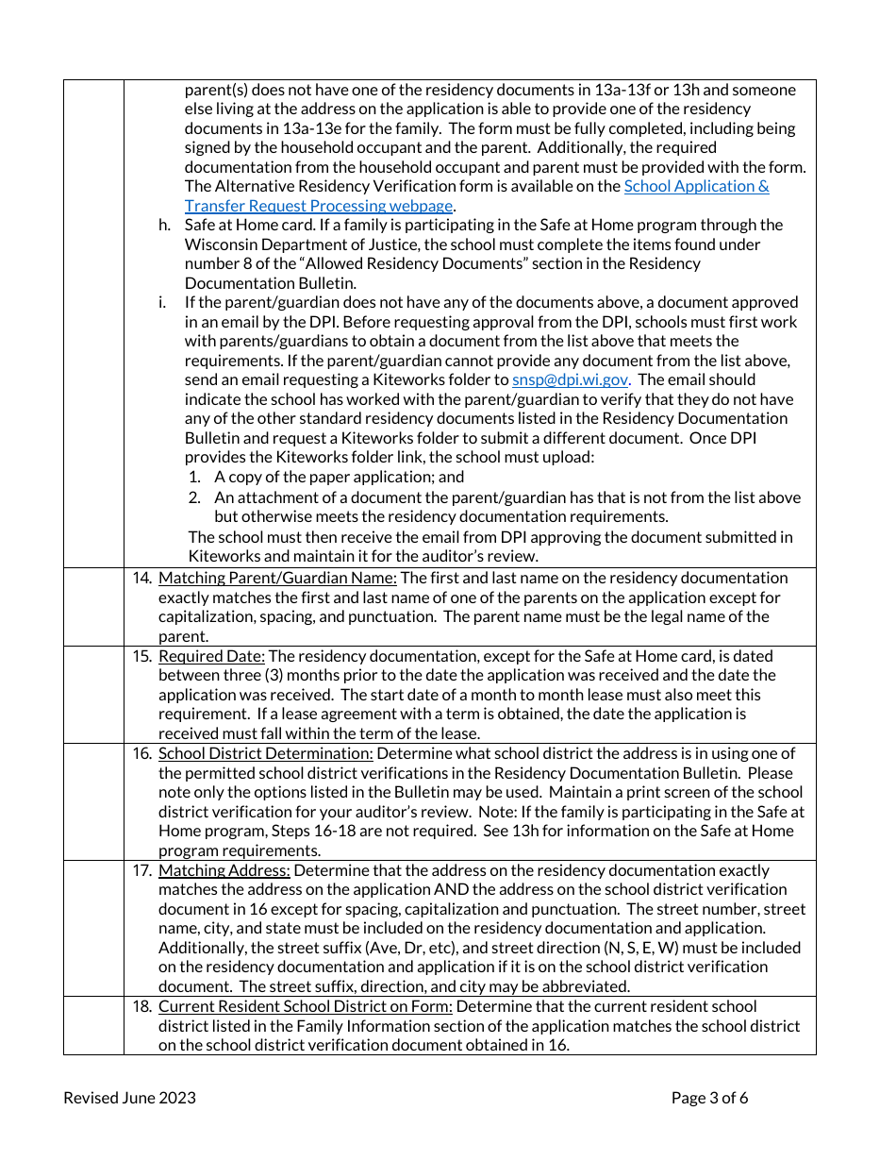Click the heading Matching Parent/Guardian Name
(x=277, y=578)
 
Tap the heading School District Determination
(x=265, y=753)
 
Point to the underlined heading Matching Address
(x=224, y=870)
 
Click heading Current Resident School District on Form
(x=305, y=1006)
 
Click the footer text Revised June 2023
(x=129, y=1097)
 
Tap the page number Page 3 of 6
(x=709, y=1097)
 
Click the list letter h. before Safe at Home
(x=164, y=225)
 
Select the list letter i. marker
(x=162, y=302)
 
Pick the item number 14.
(x=141, y=578)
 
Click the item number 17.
(x=141, y=870)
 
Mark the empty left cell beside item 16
(x=93, y=801)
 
